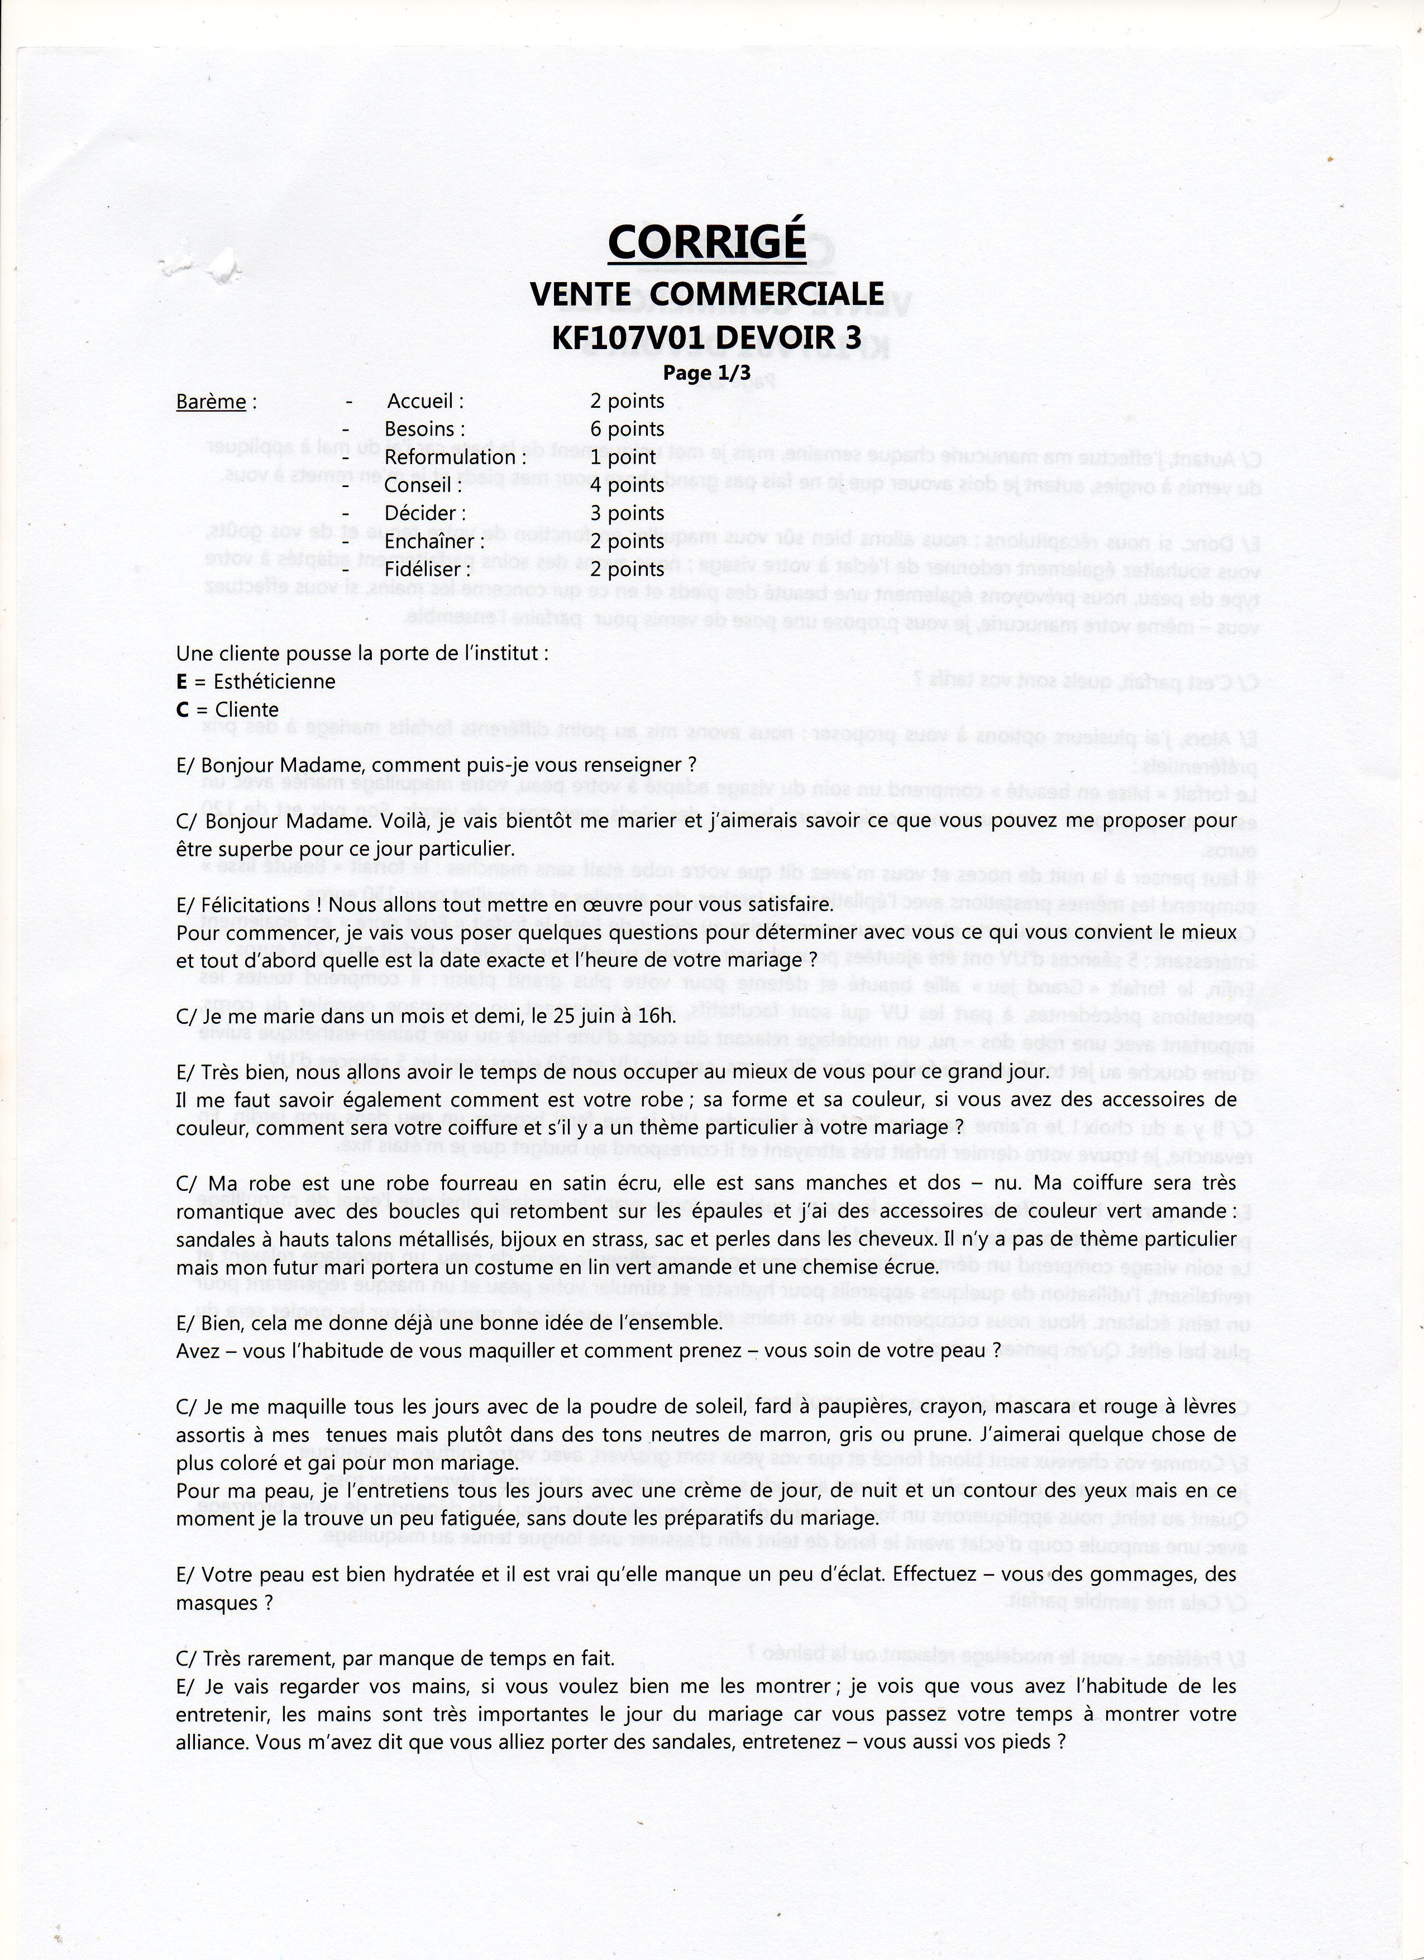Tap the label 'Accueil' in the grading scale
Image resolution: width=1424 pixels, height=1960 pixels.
[x=425, y=402]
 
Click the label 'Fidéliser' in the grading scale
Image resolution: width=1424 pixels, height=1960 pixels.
[x=428, y=570]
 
